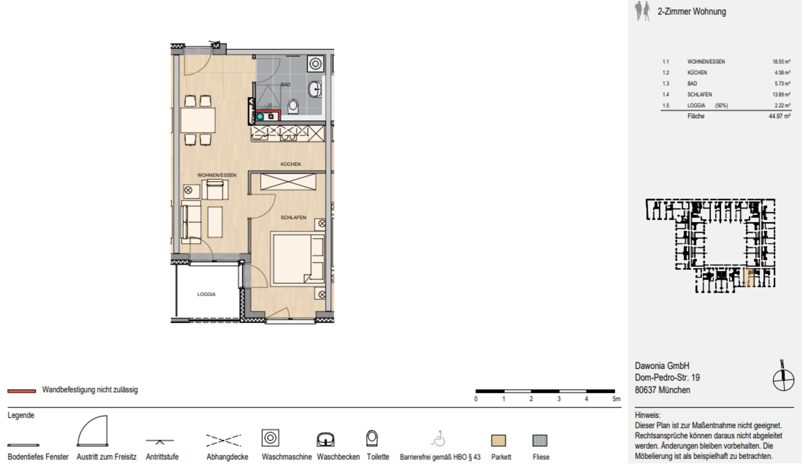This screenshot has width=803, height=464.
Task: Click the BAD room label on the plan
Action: tap(285, 84)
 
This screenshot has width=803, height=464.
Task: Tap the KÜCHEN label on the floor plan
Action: tap(291, 164)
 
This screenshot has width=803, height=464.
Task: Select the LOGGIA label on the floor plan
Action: tap(206, 294)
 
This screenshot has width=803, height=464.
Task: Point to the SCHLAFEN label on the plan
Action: tap(293, 218)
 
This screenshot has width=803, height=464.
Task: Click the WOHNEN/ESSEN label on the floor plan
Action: tap(217, 175)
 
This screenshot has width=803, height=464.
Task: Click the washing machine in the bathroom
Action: tap(315, 64)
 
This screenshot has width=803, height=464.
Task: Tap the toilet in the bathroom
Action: tap(293, 107)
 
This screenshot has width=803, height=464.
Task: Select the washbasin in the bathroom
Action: tap(316, 89)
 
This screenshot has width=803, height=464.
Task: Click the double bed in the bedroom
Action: tap(298, 258)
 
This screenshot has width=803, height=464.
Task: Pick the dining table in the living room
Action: tap(198, 120)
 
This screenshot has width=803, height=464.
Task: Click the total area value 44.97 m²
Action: tap(780, 116)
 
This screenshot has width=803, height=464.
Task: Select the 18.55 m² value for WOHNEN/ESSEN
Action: tap(781, 61)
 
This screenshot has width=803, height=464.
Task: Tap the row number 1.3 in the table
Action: tap(666, 84)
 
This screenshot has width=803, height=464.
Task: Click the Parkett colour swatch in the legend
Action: tap(499, 441)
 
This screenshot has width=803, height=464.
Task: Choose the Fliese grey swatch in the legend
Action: tap(540, 441)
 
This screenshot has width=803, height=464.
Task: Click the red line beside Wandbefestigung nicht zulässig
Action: tap(22, 391)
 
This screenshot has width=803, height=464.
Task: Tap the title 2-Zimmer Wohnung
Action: tap(692, 12)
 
